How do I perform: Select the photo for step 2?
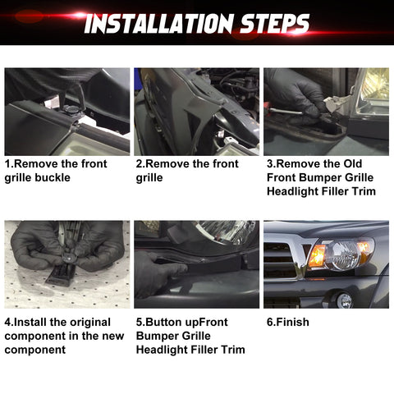[x=196, y=111]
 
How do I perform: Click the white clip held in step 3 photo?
[x=332, y=103]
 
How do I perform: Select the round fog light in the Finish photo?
[x=345, y=300]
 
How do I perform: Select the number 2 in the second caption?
[x=139, y=164]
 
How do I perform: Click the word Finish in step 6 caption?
[x=293, y=323]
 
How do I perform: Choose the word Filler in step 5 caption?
[x=205, y=350]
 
